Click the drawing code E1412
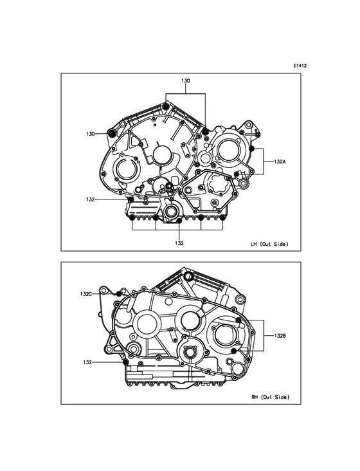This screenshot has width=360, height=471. tap(300, 66)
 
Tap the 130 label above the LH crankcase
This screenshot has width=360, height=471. tap(186, 81)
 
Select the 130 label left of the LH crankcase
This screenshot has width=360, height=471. tap(90, 134)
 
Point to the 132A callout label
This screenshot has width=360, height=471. tap(280, 162)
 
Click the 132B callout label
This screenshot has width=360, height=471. tap(280, 336)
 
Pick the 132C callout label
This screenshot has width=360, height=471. tap(86, 294)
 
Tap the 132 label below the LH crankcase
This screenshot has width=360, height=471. tap(179, 243)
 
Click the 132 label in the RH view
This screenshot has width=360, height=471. tap(87, 362)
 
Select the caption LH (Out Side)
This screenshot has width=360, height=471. tap(269, 245)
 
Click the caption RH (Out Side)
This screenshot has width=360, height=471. tap(271, 397)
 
